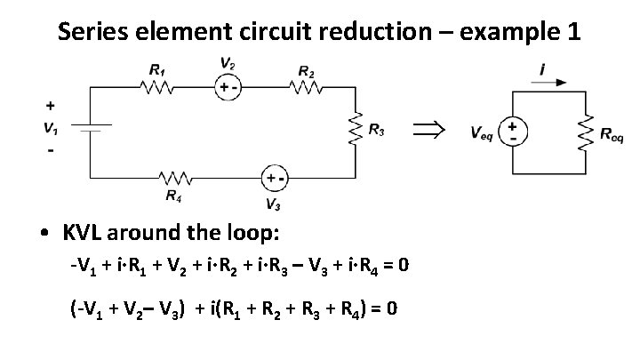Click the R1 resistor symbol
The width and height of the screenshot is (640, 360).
pyautogui.click(x=158, y=89)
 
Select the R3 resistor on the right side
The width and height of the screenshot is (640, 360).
pyautogui.click(x=356, y=132)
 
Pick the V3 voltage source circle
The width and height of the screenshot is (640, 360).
pyautogui.click(x=272, y=178)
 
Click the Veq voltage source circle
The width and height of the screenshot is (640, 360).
pyautogui.click(x=515, y=132)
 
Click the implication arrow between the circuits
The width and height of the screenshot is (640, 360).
pyautogui.click(x=428, y=131)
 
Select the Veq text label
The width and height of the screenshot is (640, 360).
pyautogui.click(x=483, y=134)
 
